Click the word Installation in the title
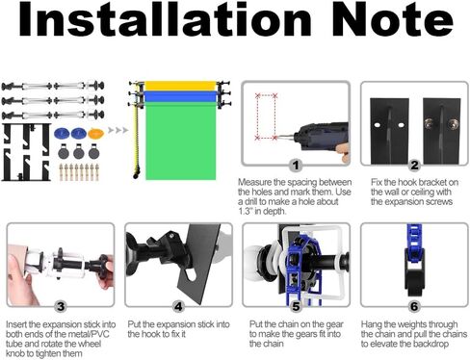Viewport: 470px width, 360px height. (165, 20)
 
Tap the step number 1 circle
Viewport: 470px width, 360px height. (296, 166)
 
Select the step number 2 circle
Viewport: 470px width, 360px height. (414, 166)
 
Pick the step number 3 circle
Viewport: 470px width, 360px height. (61, 307)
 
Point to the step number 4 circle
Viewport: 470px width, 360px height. (178, 307)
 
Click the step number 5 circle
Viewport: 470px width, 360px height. (296, 307)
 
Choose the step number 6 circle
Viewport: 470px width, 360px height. (414, 307)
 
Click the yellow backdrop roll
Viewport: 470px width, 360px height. (180, 86)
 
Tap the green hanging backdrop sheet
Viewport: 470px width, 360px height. (181, 141)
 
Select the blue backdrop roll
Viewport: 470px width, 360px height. (180, 96)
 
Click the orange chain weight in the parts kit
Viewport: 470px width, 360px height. (95, 134)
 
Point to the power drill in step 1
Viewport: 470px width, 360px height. (321, 138)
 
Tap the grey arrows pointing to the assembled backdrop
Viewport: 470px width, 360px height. (117, 130)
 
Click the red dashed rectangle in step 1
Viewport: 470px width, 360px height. (266, 116)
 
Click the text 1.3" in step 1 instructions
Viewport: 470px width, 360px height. (245, 212)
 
